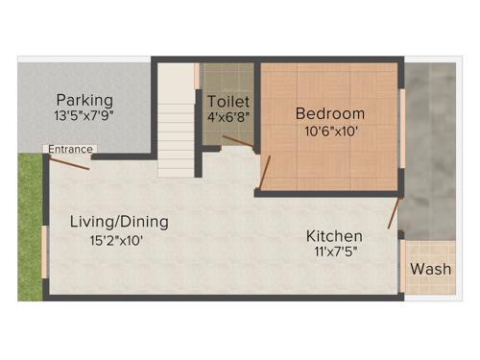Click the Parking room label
[x=84, y=100]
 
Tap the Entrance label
[x=71, y=150]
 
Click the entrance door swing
[x=71, y=162]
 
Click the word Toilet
[x=228, y=101]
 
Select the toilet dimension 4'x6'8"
[x=228, y=118]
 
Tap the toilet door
[x=237, y=141]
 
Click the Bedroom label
[x=329, y=113]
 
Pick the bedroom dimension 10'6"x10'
[x=329, y=132]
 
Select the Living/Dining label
[x=119, y=222]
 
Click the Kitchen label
[x=334, y=236]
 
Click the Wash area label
[x=430, y=269]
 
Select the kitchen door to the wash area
[x=394, y=214]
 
